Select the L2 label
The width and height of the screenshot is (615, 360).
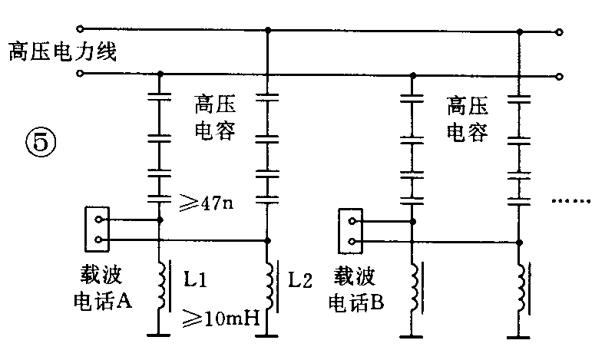pos(300,280)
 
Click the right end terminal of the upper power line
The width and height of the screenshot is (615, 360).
pos(560,32)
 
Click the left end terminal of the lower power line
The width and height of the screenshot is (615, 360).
pos(81,74)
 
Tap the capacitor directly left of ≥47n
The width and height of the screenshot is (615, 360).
pos(159,197)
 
